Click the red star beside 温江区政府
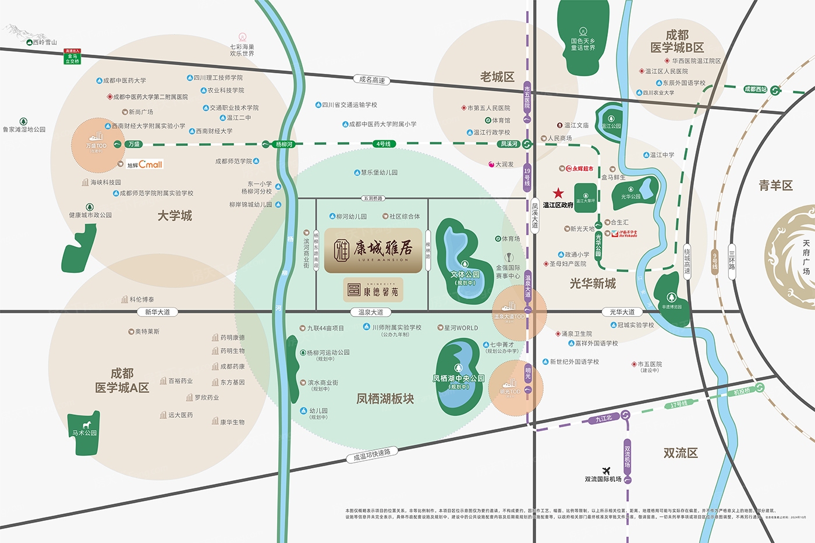tap(558, 193)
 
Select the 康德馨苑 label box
tap(373, 289)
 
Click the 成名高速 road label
tap(372, 80)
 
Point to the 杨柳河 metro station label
tap(284, 144)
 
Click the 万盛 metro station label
tap(134, 144)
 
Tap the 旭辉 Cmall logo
tap(145, 165)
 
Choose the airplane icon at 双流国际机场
tap(606, 471)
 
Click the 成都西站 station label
tap(756, 90)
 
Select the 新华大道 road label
tap(157, 312)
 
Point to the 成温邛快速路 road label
tap(372, 455)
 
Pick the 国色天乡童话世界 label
tap(583, 44)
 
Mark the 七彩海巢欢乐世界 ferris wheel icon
tap(242, 37)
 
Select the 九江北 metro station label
tap(604, 418)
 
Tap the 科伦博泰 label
tap(141, 300)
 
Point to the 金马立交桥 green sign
tap(72, 56)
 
